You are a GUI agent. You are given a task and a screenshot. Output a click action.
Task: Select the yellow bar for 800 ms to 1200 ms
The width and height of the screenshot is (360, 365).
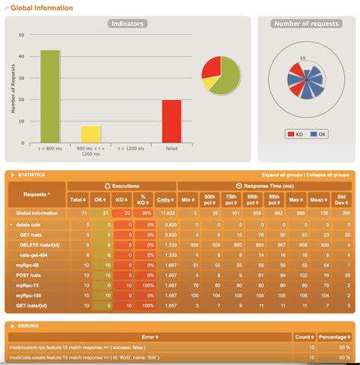click(x=91, y=134)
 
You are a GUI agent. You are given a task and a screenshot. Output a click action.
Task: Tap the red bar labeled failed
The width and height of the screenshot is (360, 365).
click(x=172, y=121)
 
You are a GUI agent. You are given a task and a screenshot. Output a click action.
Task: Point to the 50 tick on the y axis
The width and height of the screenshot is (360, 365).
click(x=21, y=35)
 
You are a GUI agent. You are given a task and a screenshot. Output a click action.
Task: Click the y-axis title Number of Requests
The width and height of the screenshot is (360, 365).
click(x=13, y=89)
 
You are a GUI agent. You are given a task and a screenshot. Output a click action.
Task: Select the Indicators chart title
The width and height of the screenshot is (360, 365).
click(x=128, y=24)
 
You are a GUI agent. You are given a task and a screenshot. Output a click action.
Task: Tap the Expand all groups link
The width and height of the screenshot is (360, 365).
click(x=281, y=175)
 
